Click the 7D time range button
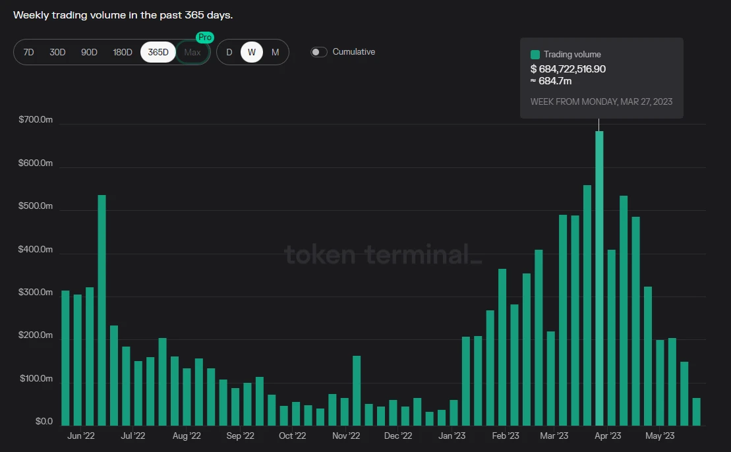(x=28, y=52)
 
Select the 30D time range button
(x=57, y=52)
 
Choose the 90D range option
(x=89, y=52)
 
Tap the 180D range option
(x=123, y=52)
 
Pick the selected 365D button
(x=158, y=52)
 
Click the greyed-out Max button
(x=192, y=52)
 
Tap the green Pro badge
(x=205, y=38)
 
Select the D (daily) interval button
(x=229, y=52)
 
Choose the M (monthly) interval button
(x=276, y=52)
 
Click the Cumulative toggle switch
(x=319, y=52)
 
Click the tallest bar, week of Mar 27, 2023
(x=599, y=277)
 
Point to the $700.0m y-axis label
(x=36, y=120)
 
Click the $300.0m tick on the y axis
(x=36, y=293)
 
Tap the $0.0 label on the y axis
(x=44, y=422)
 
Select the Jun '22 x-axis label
(x=82, y=436)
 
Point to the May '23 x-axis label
(x=660, y=436)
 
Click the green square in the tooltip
(x=535, y=55)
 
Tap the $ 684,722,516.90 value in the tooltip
(x=568, y=69)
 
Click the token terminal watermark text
(x=383, y=254)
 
